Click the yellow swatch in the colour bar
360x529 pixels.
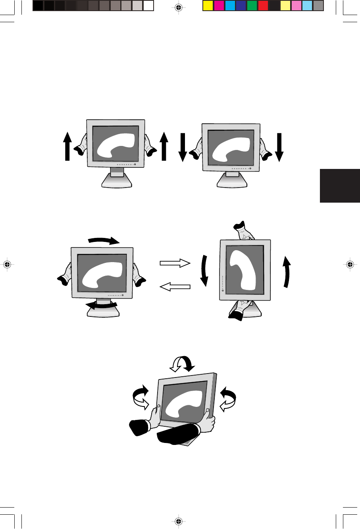point(208,6)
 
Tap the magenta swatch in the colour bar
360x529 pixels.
point(219,6)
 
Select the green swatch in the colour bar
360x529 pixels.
point(252,6)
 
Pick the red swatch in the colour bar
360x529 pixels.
point(263,6)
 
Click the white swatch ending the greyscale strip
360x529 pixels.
point(148,6)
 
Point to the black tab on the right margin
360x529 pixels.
point(339,186)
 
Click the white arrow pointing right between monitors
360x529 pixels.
point(175,263)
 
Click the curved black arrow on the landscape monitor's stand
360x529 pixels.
point(102,305)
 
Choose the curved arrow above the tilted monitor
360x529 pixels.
point(181,363)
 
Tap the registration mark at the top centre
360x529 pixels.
point(179,7)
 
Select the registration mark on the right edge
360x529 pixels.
point(350,264)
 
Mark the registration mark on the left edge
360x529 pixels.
point(7,264)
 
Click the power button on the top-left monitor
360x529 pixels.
point(135,164)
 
